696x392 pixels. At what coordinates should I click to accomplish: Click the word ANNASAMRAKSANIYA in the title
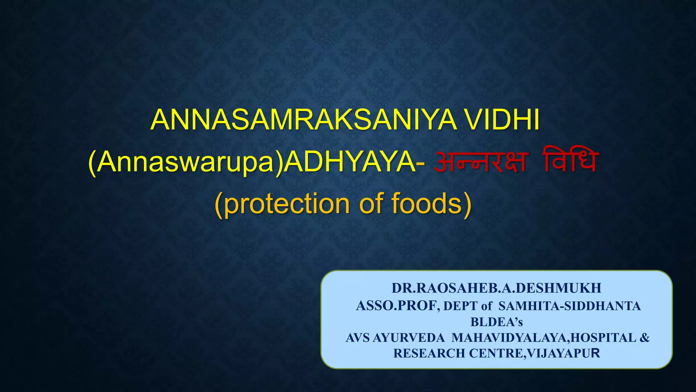(304, 120)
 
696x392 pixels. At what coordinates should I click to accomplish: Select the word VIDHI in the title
(502, 120)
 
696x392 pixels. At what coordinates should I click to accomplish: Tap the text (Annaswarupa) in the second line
(186, 162)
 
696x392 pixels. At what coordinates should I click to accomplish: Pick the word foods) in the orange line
(432, 203)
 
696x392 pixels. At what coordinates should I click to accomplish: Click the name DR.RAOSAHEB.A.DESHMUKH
(497, 288)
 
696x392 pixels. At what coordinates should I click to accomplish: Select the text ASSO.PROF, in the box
(398, 306)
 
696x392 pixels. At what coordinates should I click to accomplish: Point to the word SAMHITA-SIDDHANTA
(570, 306)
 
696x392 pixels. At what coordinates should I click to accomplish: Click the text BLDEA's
(497, 322)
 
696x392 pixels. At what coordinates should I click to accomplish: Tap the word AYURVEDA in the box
(408, 338)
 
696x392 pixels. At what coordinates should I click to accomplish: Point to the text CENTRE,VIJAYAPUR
(535, 353)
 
